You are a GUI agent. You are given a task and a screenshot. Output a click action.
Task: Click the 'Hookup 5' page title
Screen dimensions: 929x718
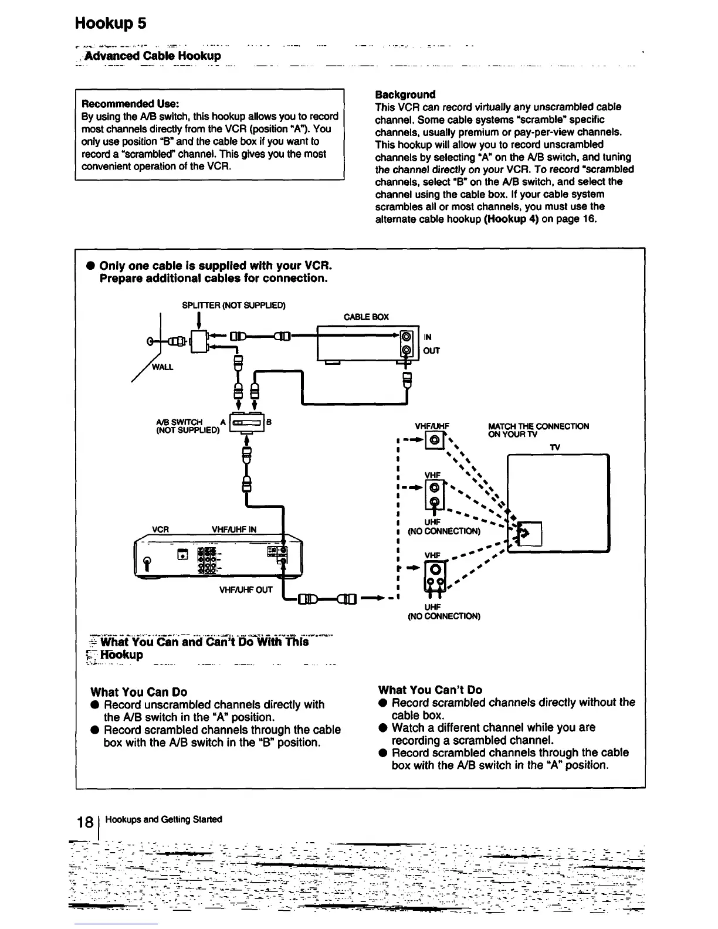(110, 23)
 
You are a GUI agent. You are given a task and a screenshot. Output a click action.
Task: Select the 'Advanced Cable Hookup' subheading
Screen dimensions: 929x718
(153, 56)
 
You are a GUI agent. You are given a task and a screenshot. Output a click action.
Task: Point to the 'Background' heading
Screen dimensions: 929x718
(405, 94)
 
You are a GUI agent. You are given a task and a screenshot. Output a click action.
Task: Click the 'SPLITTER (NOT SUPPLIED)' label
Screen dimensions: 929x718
(233, 305)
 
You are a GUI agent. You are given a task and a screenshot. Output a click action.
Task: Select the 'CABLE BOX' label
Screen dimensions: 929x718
(366, 317)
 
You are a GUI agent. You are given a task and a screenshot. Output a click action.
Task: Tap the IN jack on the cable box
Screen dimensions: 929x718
(406, 338)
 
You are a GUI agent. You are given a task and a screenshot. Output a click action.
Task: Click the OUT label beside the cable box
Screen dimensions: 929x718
(431, 351)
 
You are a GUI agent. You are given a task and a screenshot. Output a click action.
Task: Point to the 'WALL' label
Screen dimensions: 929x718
(162, 367)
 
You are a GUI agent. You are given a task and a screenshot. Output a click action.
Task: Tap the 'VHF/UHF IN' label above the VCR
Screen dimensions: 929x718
(234, 529)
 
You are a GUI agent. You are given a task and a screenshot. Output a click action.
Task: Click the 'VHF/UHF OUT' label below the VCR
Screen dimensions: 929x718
(246, 589)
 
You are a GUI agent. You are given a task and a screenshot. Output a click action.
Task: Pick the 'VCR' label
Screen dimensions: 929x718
(161, 529)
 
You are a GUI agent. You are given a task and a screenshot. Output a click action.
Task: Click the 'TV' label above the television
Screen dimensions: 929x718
(555, 447)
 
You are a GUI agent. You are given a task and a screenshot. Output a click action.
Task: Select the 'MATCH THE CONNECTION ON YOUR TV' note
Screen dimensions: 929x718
(538, 430)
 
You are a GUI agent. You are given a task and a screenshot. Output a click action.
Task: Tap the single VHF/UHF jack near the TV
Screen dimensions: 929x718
(434, 439)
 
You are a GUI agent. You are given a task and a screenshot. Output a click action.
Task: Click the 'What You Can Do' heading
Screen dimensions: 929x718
(139, 692)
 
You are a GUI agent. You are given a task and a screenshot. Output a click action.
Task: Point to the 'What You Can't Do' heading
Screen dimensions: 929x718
(430, 690)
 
